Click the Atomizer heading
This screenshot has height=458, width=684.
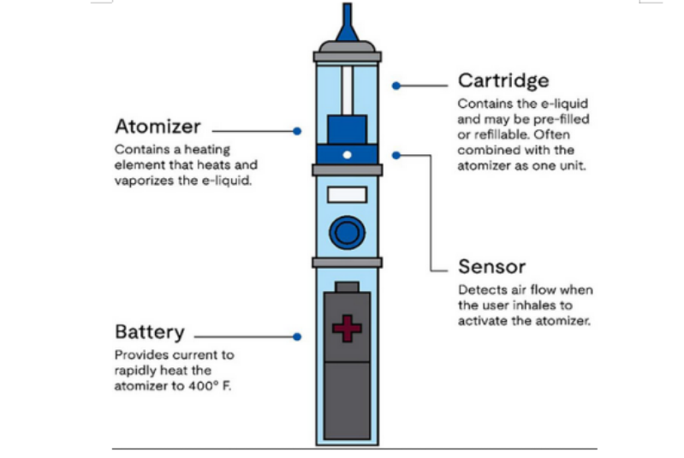pos(158,127)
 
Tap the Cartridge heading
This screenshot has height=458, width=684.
pos(503,81)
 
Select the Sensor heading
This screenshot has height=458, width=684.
pos(491,266)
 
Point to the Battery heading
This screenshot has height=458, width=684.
pos(150,332)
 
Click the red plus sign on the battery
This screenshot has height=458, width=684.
pos(347,329)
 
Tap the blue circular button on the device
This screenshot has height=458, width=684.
pos(347,232)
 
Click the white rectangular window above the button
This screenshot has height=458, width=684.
pos(347,194)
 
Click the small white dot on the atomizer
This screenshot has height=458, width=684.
pos(347,155)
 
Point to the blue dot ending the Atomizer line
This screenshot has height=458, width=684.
pos(296,131)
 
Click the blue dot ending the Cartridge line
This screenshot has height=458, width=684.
pos(396,86)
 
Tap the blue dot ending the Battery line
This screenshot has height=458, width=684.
pos(296,337)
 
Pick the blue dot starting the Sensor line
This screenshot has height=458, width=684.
pos(396,155)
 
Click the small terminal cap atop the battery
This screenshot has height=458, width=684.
pos(347,286)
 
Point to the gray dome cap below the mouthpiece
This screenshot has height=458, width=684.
pos(347,45)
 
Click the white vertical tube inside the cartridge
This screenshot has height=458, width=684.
pos(347,89)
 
